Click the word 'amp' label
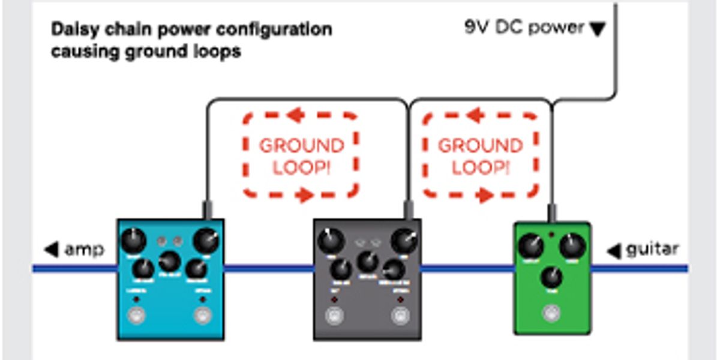point(85,249)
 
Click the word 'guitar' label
point(652,249)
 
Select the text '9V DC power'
point(524,28)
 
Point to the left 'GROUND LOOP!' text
point(301,156)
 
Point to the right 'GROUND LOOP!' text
point(480,156)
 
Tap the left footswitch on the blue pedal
point(136,316)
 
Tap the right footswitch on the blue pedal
point(203,316)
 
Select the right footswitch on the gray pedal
point(400,316)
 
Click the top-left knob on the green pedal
point(531,246)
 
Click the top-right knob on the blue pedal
point(206,241)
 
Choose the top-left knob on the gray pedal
point(329,241)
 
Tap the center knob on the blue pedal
point(169,261)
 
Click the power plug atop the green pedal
point(551,213)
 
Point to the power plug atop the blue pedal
point(208,210)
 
